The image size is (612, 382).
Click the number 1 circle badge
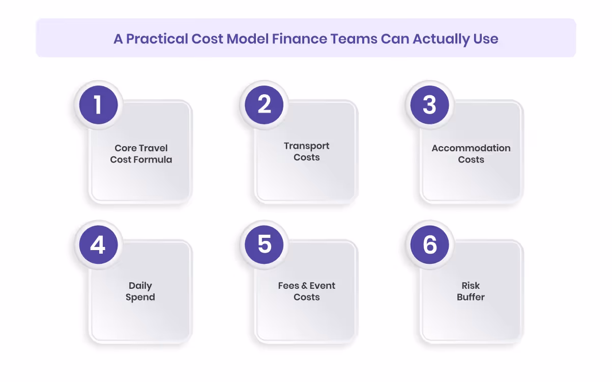pos(98,105)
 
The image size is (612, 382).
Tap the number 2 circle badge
pos(264,105)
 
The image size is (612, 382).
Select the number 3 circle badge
pos(430,105)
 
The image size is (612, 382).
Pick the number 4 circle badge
pos(98,244)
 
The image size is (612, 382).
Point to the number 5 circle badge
pos(264,244)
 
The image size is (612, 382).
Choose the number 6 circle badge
pos(430,244)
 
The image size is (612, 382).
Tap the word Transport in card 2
pos(307,146)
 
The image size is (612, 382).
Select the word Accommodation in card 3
pos(471,148)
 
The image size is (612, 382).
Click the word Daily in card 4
pos(140,286)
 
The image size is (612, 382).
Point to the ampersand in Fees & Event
pos(305,286)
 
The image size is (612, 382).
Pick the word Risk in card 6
pos(471,286)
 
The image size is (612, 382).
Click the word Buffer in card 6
pos(471,297)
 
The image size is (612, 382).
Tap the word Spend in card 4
pos(140,297)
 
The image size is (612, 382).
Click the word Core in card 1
pos(125,148)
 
